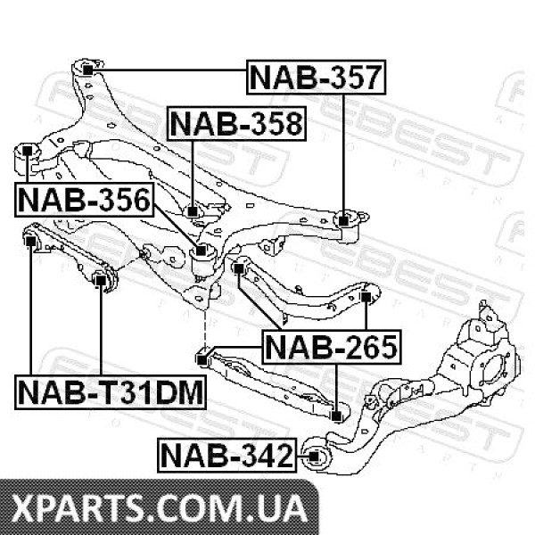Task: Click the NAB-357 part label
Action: (316, 78)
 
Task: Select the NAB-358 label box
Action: (237, 124)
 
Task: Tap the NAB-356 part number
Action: (85, 200)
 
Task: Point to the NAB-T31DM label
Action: (111, 392)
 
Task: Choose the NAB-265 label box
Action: (332, 347)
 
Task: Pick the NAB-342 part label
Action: (226, 455)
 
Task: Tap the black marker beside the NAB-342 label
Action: (314, 456)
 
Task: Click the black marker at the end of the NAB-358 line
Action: (193, 211)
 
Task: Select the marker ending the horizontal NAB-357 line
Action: (88, 70)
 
